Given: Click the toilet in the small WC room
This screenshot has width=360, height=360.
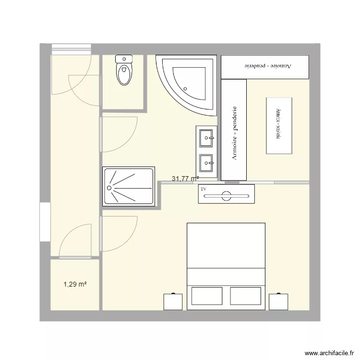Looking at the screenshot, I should pos(124,71).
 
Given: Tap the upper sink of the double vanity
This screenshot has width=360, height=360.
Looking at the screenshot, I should pos(208,138).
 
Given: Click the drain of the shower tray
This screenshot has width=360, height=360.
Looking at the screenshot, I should pos(109,188).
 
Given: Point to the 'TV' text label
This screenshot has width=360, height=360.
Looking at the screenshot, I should pos(204,190).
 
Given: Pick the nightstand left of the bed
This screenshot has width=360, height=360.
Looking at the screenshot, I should pos(173,301).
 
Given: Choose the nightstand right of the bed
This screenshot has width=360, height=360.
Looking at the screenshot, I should pos(278,301).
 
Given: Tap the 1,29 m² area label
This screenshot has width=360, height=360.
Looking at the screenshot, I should pos(75,285).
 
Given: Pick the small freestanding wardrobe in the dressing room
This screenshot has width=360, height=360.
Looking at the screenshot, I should pos(279,126).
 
